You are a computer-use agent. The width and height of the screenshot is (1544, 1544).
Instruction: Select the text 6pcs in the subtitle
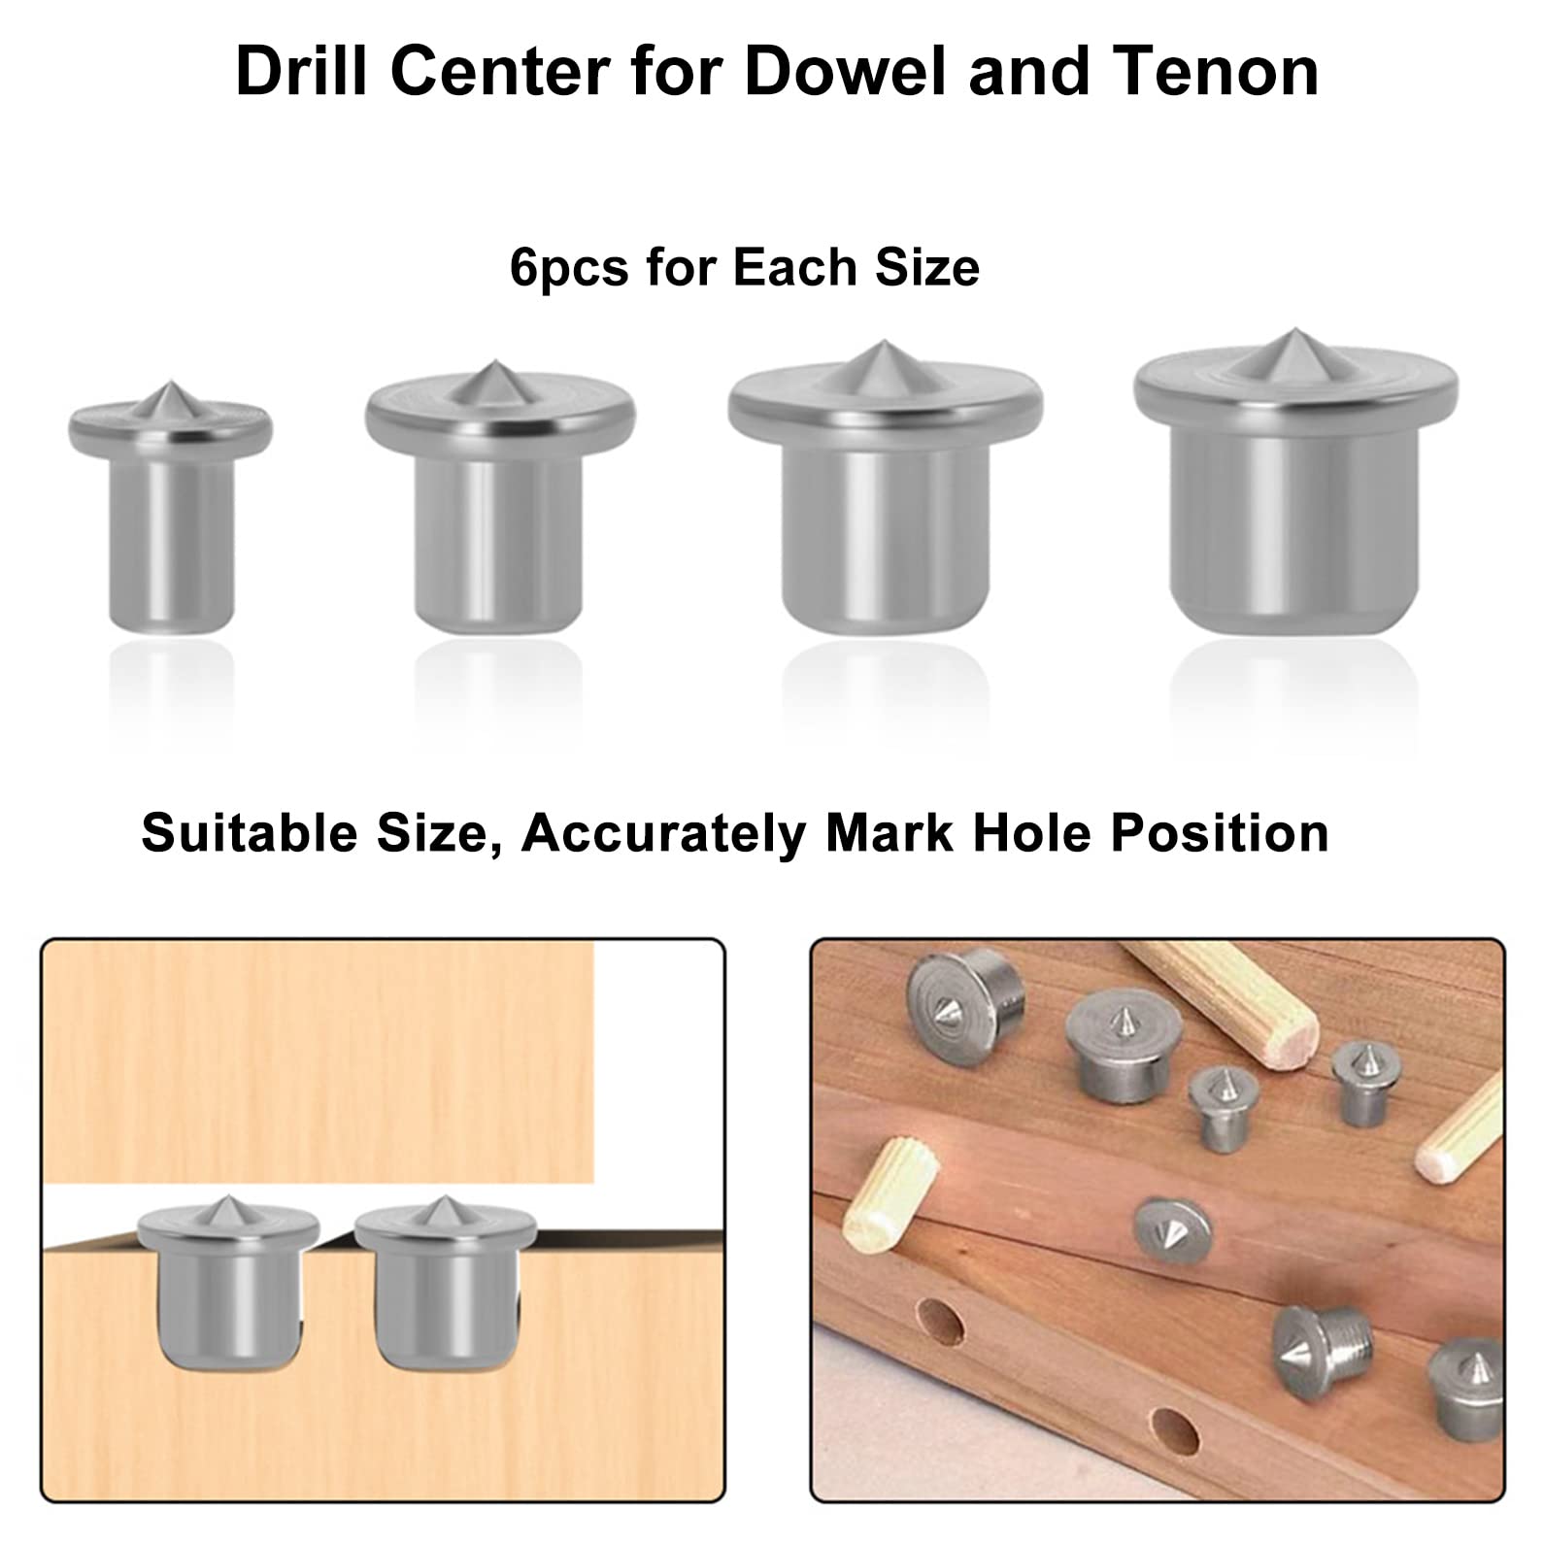point(569,267)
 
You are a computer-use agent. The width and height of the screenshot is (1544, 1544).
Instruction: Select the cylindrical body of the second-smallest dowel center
point(499,544)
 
